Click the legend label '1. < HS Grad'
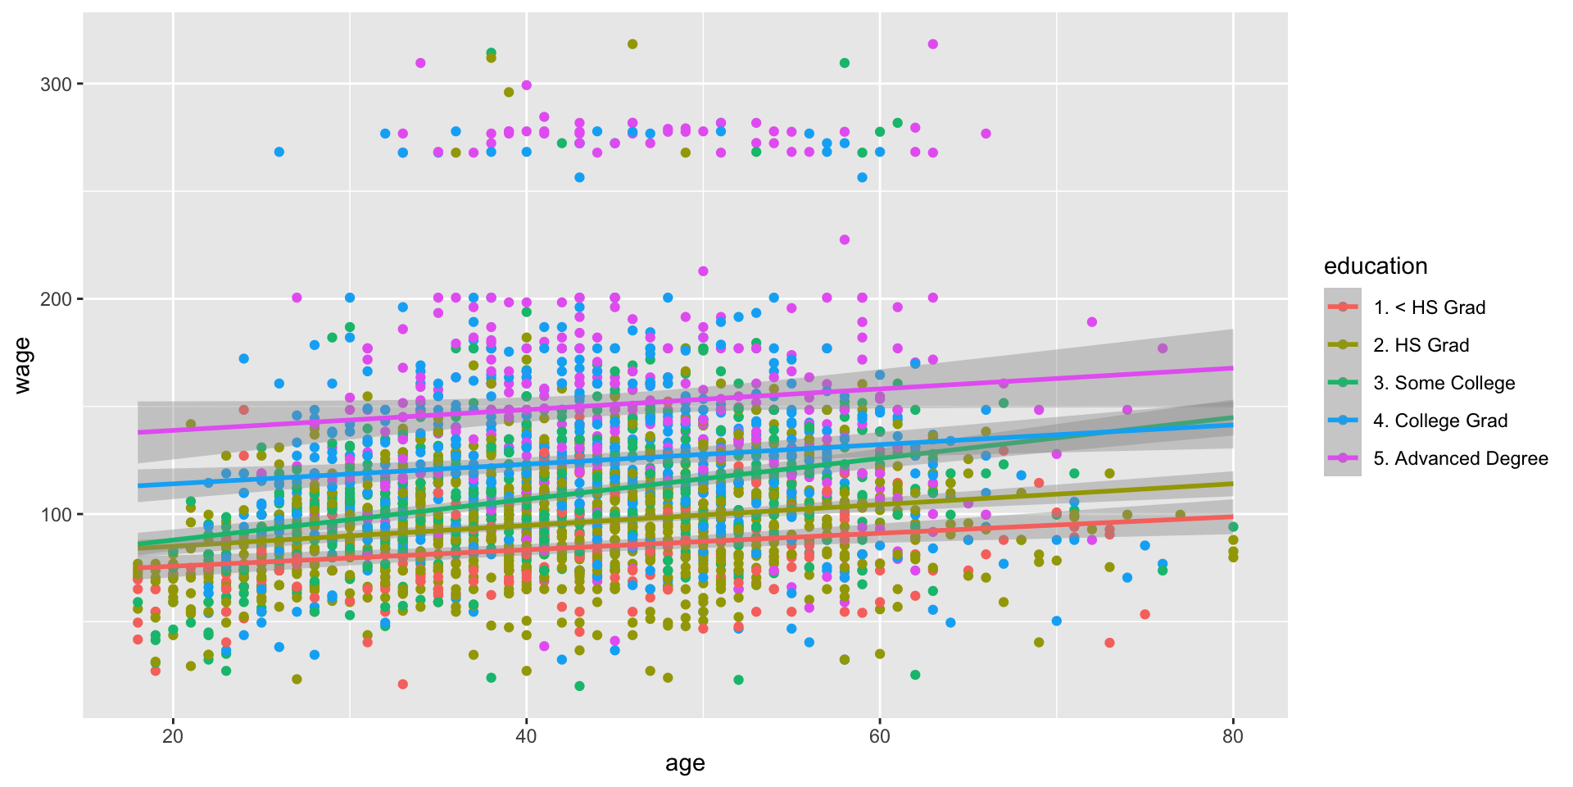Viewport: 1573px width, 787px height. click(x=1429, y=307)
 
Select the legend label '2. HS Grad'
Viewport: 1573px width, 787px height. click(x=1421, y=345)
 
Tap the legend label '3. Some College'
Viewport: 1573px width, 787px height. click(x=1444, y=383)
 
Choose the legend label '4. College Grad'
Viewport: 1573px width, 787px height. click(x=1440, y=421)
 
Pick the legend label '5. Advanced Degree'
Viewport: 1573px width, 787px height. click(x=1460, y=458)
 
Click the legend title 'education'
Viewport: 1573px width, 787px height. click(x=1376, y=266)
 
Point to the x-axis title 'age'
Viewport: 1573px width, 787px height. click(x=685, y=764)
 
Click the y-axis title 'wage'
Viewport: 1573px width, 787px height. click(x=22, y=366)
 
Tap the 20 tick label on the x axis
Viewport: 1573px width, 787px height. click(x=173, y=736)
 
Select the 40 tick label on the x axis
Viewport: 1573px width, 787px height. click(x=526, y=736)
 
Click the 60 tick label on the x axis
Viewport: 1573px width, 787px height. click(x=879, y=736)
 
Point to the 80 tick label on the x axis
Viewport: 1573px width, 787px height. click(x=1232, y=736)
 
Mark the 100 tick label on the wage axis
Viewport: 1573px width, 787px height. click(x=57, y=515)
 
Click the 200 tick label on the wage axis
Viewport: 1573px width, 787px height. click(x=57, y=299)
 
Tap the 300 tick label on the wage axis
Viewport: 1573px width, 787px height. click(x=57, y=84)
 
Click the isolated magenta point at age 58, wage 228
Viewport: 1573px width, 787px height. click(x=845, y=239)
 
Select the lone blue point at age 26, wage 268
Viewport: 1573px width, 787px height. click(x=279, y=152)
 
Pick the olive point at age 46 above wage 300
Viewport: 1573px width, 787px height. click(x=632, y=44)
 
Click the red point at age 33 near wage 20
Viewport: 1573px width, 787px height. click(x=402, y=684)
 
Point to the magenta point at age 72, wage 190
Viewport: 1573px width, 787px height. click(x=1091, y=322)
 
